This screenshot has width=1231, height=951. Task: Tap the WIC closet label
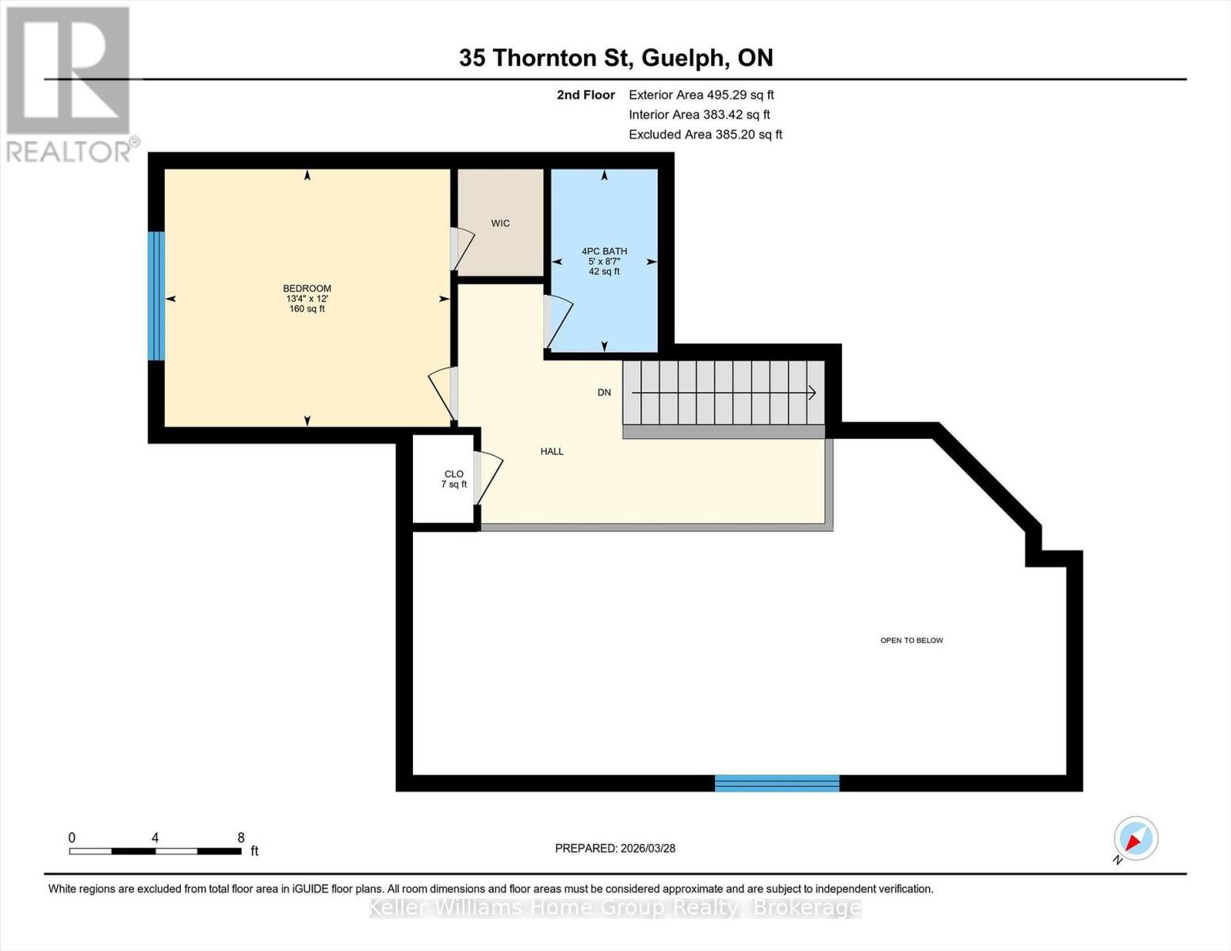tap(500, 223)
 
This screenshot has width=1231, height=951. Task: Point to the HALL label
tap(552, 452)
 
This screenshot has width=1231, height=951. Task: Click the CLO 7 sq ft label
tap(453, 479)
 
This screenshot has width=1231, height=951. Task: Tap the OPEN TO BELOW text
tap(912, 640)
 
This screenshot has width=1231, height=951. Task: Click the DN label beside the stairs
tap(604, 392)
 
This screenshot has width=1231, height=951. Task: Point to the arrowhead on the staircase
tap(812, 392)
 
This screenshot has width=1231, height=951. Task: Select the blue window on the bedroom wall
tap(156, 296)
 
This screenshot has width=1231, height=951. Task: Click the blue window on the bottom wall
tap(777, 783)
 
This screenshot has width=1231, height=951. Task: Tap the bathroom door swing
tap(559, 322)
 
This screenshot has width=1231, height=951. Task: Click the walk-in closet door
tap(462, 249)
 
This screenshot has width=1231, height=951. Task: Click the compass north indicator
tap(1135, 838)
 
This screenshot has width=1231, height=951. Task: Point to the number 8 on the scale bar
tap(241, 838)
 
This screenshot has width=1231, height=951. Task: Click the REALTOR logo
tap(70, 83)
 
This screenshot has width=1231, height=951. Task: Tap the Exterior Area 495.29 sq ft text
tap(701, 94)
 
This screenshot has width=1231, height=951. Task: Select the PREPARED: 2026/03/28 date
tap(615, 848)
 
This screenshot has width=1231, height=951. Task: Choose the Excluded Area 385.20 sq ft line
tap(705, 135)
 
